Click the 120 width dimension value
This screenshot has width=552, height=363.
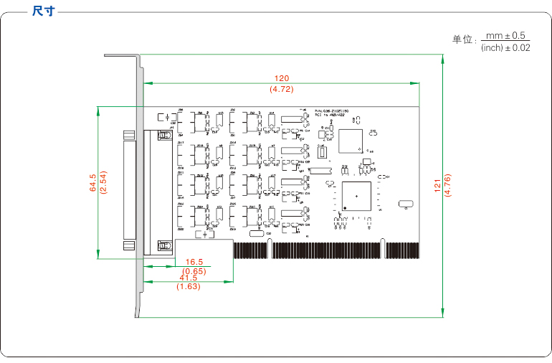281,78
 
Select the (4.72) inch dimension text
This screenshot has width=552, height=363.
281,89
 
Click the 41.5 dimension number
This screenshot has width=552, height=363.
189,278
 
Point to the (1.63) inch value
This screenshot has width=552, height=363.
189,286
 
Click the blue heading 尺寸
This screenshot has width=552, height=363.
43,11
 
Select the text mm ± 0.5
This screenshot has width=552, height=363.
505,35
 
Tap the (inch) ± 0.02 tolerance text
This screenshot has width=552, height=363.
505,48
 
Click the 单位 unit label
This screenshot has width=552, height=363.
463,40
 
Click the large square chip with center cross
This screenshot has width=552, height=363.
356,196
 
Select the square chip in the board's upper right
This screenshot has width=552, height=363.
351,140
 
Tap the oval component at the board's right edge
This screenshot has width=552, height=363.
405,204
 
